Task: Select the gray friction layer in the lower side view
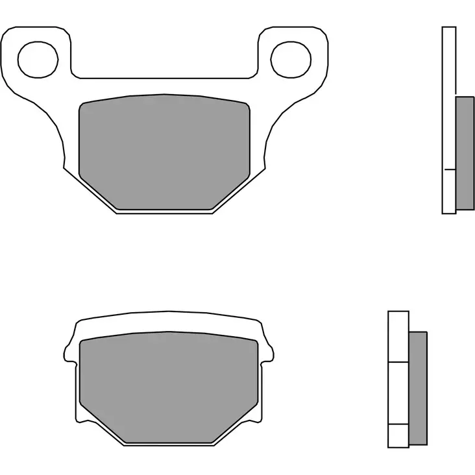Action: coord(418,387)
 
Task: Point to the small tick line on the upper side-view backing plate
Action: coord(448,169)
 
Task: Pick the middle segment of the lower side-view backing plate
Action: coord(398,392)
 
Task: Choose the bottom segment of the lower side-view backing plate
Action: coord(398,435)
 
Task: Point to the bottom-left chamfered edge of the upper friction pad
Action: coord(97,193)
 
